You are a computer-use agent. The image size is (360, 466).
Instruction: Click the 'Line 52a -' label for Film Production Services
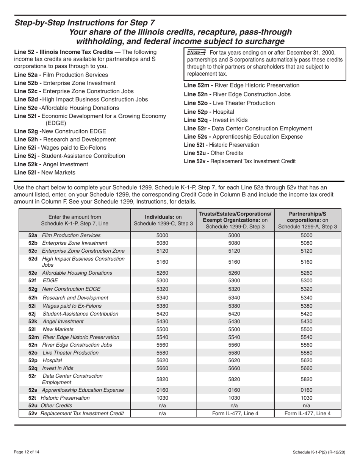(x=28, y=75)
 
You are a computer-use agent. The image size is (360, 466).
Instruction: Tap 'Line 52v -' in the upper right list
(x=196, y=161)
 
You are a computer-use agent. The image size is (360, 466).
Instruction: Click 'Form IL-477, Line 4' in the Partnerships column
(x=307, y=413)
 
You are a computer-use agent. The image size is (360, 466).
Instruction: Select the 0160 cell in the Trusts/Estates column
(x=235, y=390)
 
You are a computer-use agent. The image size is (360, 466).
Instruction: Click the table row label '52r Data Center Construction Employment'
(x=64, y=379)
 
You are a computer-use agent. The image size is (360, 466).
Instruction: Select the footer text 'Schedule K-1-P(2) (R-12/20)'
(x=319, y=452)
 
